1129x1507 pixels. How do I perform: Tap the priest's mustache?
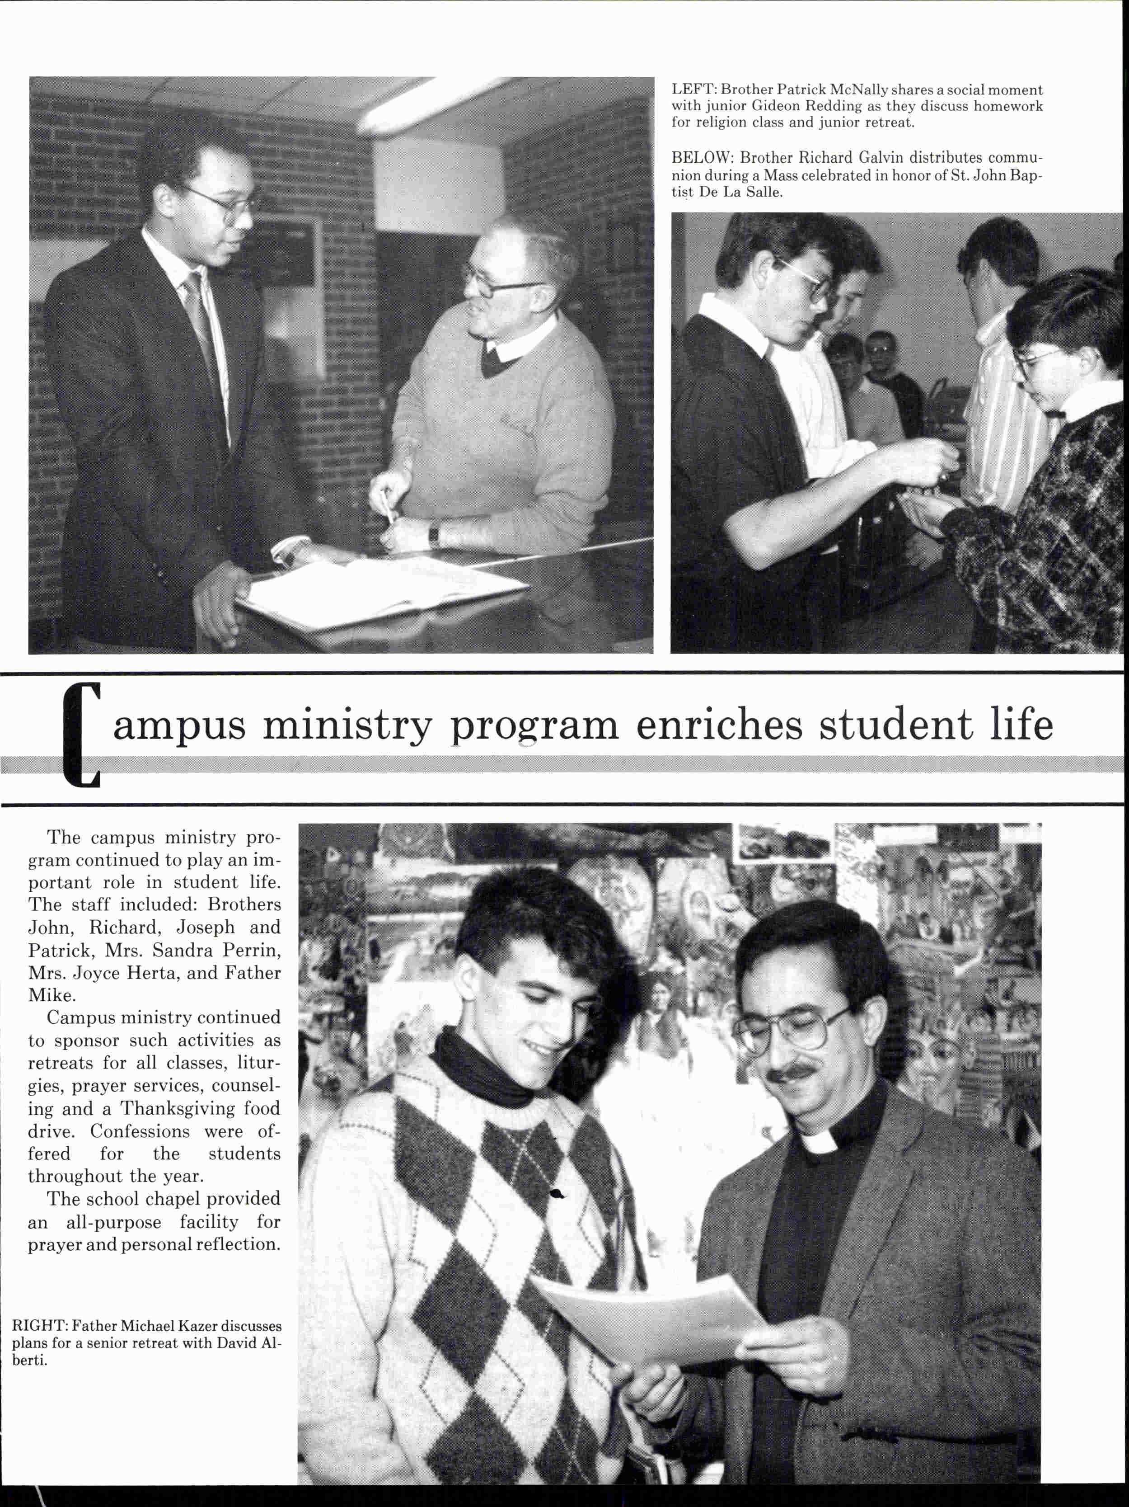coord(792,1074)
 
